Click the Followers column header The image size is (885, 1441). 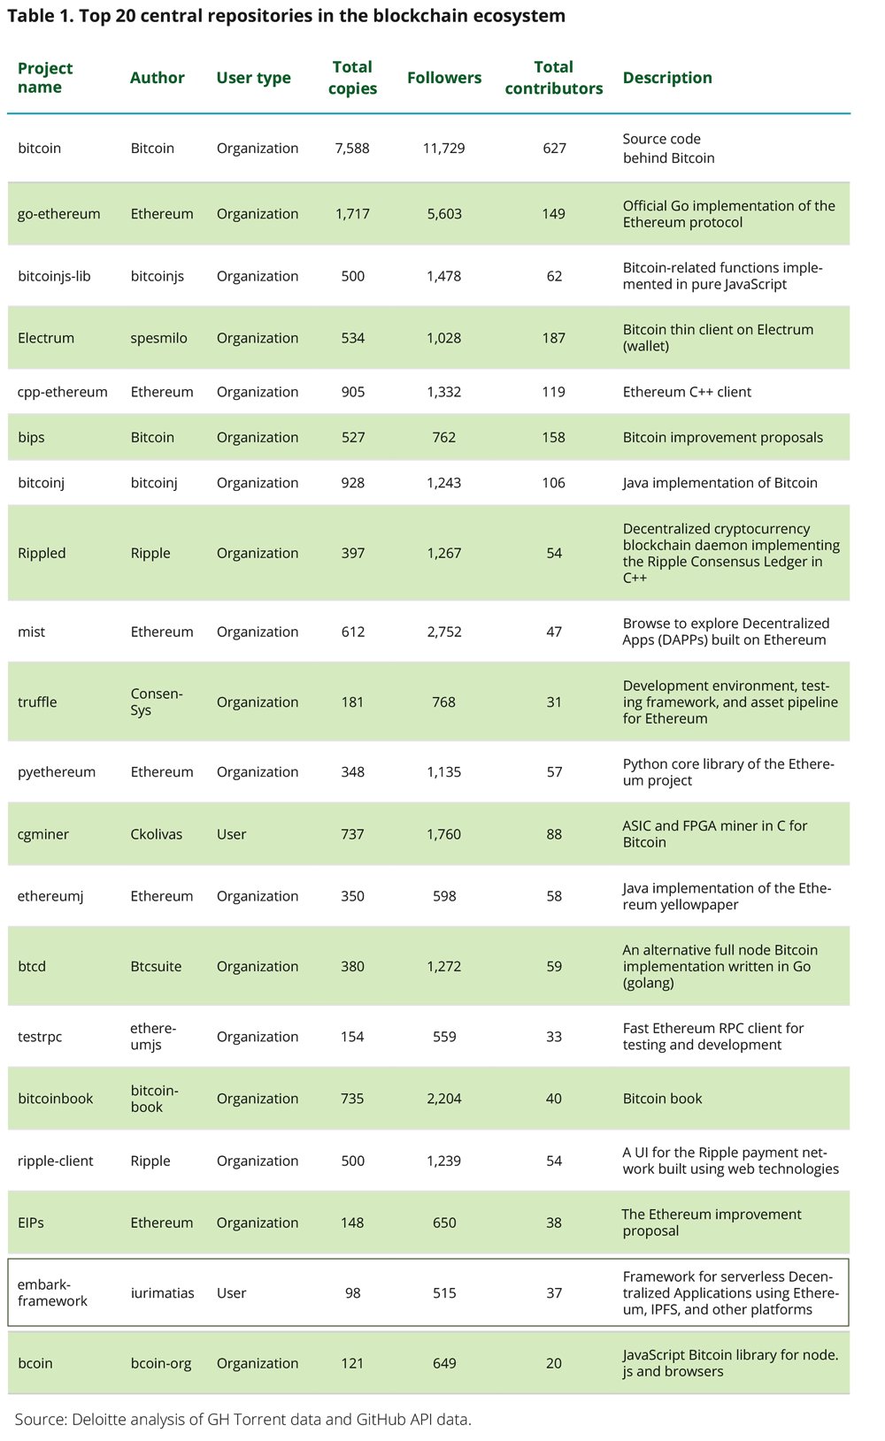click(444, 78)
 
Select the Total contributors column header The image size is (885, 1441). click(554, 78)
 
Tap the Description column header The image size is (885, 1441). click(667, 78)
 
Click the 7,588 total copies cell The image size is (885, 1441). click(352, 148)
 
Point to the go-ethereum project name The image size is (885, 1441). click(59, 213)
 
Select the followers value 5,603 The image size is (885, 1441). click(444, 213)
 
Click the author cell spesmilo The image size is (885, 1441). click(159, 338)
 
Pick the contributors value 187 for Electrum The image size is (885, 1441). click(554, 338)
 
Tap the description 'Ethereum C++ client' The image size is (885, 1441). click(687, 392)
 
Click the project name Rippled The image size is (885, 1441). click(42, 553)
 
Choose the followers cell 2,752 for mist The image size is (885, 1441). click(444, 632)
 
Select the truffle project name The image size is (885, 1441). click(37, 701)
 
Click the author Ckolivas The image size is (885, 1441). click(157, 834)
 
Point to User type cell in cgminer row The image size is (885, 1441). click(232, 834)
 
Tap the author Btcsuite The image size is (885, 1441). click(156, 966)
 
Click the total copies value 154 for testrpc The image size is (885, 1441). click(352, 1037)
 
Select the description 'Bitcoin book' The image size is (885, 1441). click(662, 1099)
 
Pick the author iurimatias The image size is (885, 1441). click(162, 1292)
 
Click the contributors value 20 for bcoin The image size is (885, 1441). click(554, 1363)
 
